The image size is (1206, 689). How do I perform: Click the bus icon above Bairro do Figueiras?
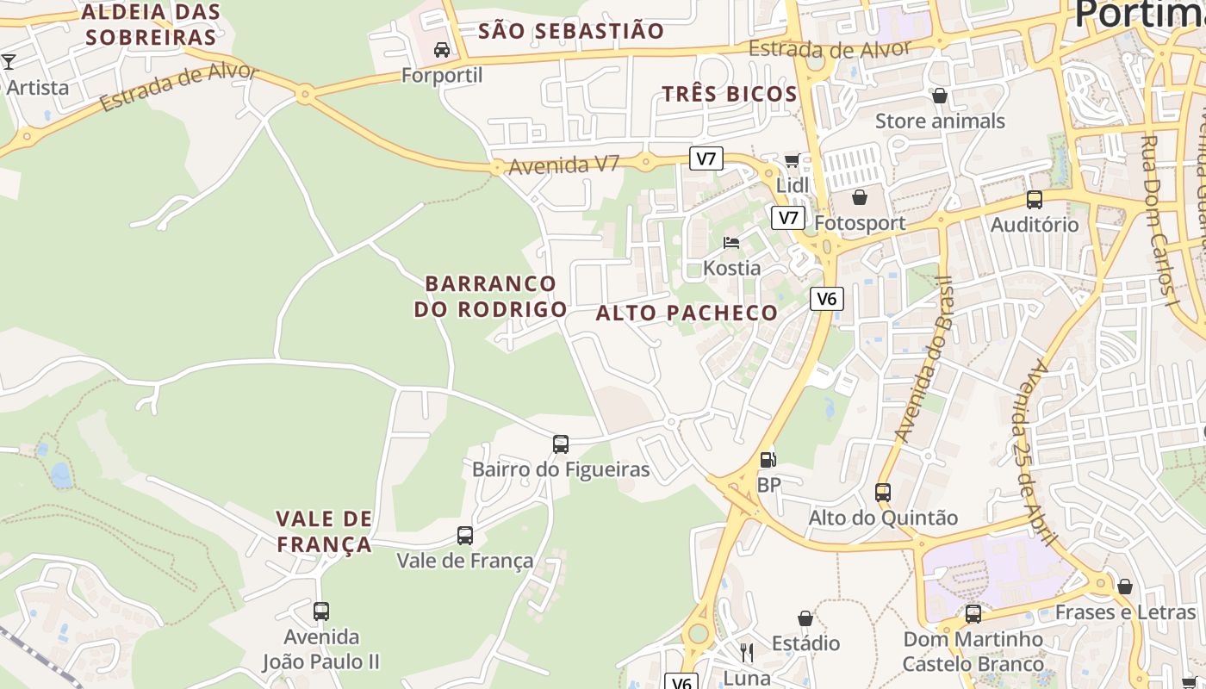point(561,444)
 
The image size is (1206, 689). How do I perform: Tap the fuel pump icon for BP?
point(768,460)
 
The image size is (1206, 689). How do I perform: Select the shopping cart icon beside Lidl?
point(792,160)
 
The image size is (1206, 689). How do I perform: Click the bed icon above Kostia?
point(731,243)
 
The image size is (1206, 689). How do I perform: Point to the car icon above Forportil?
point(442,50)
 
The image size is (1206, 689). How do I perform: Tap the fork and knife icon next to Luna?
point(747,653)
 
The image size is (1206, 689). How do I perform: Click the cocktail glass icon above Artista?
point(9,62)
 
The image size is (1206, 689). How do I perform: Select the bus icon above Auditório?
point(1035,200)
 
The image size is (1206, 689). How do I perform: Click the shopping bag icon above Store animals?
point(940,96)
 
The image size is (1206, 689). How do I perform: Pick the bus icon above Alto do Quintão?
point(883,493)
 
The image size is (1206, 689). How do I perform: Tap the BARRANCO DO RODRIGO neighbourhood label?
point(491,296)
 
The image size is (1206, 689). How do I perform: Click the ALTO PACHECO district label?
point(687,313)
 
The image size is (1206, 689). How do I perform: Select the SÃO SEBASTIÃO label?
point(571,32)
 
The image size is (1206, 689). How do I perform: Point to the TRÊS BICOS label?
point(730,95)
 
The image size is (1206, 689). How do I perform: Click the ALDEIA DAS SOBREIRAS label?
point(151,25)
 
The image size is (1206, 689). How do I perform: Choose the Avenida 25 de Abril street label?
point(1042,452)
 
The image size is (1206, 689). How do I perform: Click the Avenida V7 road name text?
point(564,164)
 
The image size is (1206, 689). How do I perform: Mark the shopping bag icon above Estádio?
point(805,618)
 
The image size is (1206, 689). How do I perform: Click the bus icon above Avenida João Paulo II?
point(321,611)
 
